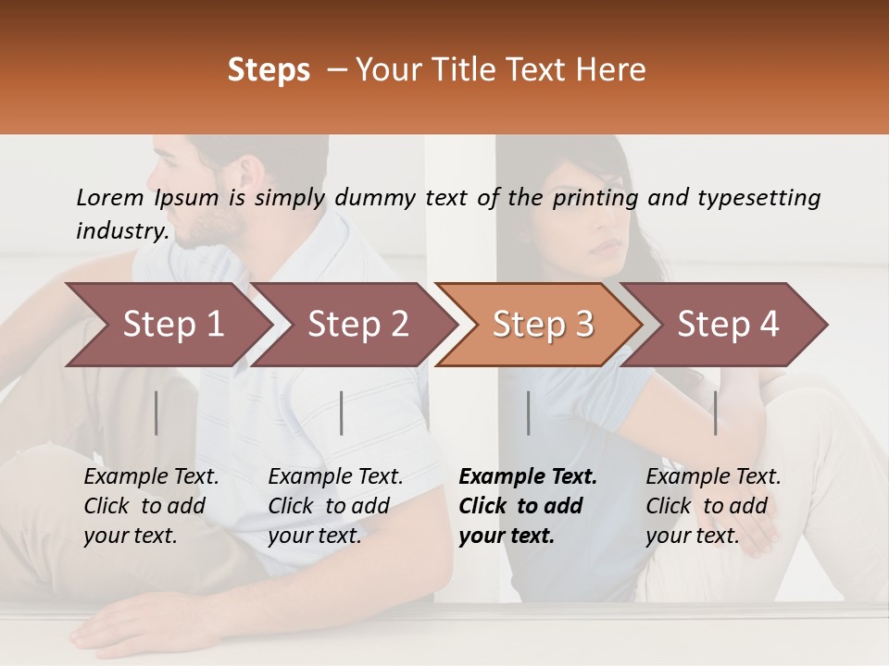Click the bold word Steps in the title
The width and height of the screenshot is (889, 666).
click(269, 70)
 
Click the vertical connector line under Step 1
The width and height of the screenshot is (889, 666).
click(157, 413)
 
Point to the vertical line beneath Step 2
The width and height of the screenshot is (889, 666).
click(342, 413)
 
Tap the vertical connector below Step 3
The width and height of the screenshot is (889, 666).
click(529, 413)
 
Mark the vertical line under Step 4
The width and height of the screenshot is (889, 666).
click(715, 413)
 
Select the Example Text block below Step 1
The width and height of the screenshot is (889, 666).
click(151, 506)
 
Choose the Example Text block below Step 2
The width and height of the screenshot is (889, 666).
click(335, 506)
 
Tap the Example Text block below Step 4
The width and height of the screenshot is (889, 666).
click(713, 506)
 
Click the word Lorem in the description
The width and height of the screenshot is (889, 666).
click(109, 198)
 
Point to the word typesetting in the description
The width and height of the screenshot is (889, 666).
click(758, 198)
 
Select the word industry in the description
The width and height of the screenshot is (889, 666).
click(121, 230)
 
